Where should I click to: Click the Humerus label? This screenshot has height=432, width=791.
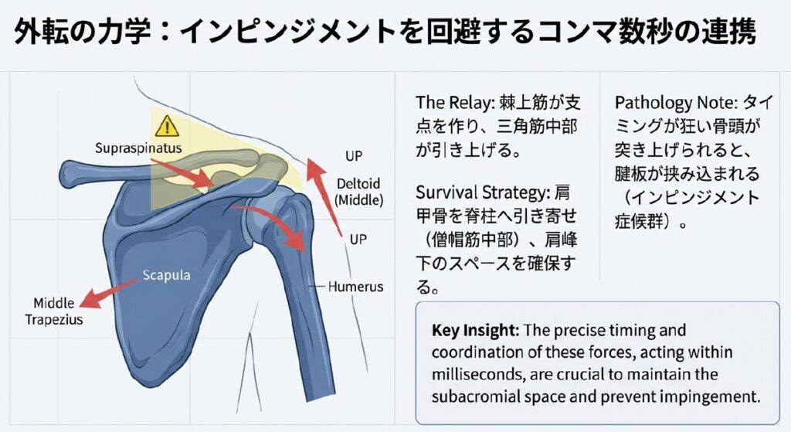pos(355,287)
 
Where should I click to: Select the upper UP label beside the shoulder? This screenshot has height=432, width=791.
pos(352,156)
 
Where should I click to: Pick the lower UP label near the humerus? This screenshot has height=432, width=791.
pos(358,240)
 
